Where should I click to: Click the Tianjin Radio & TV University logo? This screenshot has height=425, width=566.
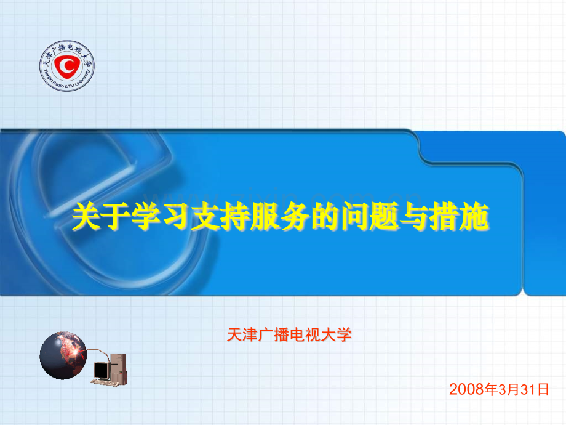(x=67, y=66)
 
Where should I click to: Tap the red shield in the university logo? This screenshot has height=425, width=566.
(x=67, y=66)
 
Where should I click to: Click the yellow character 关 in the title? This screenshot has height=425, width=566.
(x=86, y=216)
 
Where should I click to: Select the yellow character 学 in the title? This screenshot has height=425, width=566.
(x=145, y=216)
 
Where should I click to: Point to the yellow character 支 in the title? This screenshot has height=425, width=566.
(x=205, y=216)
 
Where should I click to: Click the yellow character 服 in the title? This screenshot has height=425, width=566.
(x=265, y=216)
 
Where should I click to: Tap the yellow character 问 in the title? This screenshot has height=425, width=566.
(x=354, y=216)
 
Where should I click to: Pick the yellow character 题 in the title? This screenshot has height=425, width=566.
(x=384, y=216)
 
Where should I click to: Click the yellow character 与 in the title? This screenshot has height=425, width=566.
(x=414, y=216)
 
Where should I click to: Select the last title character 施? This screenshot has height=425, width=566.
(x=474, y=216)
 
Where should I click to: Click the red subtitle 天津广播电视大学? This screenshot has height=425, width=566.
(x=289, y=334)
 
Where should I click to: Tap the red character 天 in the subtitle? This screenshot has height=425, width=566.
(x=234, y=334)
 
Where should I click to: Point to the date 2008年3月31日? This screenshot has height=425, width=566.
(x=499, y=389)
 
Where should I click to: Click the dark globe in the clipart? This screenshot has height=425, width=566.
(x=63, y=355)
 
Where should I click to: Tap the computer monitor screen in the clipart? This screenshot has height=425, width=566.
(x=102, y=370)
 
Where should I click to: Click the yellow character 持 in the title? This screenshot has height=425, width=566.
(x=235, y=216)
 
